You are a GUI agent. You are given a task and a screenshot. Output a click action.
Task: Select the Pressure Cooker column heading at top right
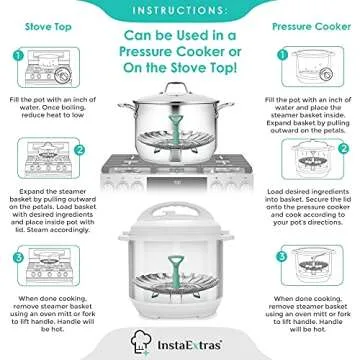pos(313,26)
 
